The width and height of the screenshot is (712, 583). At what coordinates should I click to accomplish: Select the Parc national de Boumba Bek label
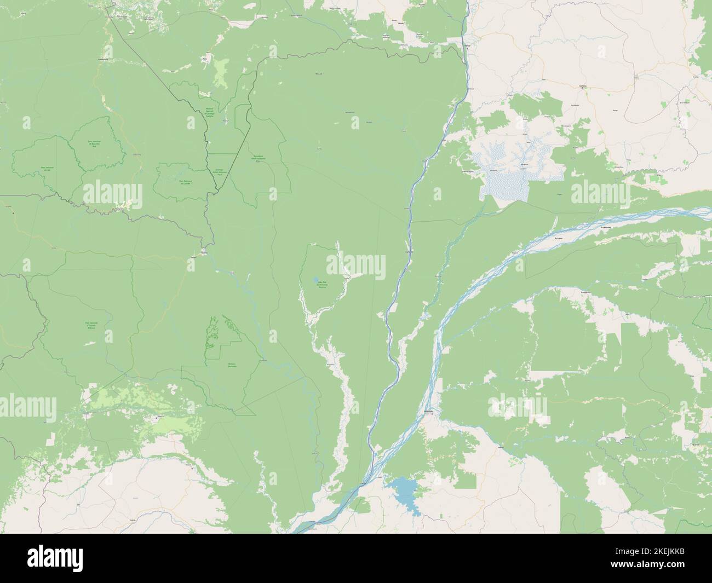[x=97, y=144]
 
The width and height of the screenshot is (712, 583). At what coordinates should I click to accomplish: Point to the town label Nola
[x=205, y=56]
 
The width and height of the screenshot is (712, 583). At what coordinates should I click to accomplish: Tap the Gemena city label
[x=583, y=86]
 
